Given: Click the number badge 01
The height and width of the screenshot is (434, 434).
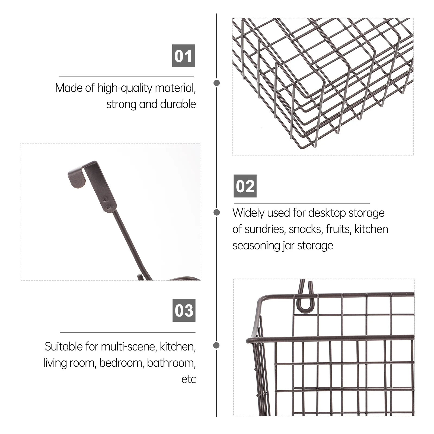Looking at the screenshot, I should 184,56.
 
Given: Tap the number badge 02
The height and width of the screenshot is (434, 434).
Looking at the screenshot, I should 245,186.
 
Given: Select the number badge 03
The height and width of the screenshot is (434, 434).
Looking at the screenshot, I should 184,310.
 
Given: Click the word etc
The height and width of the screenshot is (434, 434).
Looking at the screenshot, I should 189,379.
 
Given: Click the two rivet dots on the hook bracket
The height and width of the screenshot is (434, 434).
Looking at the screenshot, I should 108,204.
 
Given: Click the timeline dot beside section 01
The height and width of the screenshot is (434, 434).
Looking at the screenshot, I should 217,83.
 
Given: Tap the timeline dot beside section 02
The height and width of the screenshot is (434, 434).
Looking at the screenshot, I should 217,212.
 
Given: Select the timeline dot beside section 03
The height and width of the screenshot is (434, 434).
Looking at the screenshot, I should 216,345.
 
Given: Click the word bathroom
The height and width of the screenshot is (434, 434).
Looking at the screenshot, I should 171,363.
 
